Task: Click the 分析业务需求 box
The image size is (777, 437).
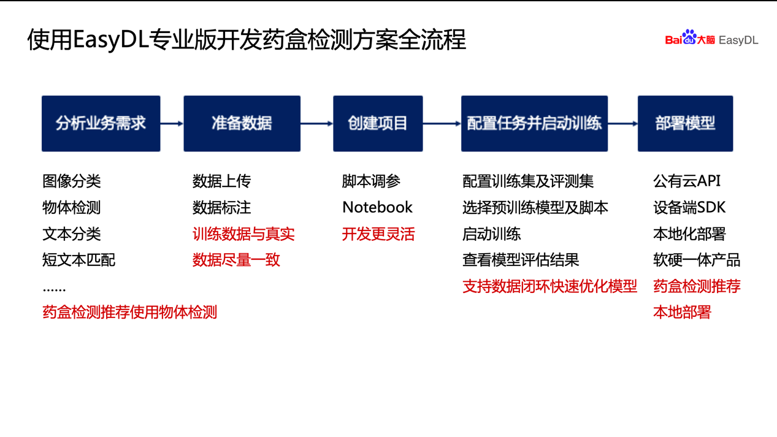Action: (101, 123)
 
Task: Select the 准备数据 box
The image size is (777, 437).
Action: (242, 123)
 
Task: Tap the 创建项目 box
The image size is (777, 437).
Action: (378, 123)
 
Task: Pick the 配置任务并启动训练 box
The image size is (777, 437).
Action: (534, 123)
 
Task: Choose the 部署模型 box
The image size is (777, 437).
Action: (685, 123)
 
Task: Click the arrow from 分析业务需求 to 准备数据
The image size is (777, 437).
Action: (172, 123)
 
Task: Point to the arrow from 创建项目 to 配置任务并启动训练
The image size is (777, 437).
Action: (442, 123)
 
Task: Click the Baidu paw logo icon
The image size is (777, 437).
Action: (689, 37)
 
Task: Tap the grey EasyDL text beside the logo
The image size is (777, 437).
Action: (738, 40)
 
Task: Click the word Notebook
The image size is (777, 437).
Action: (377, 207)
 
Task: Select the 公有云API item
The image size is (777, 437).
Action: (686, 181)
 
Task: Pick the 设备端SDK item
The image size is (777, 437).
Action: (689, 207)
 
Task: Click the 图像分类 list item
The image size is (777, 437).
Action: (72, 181)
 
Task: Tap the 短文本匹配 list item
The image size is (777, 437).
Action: (78, 260)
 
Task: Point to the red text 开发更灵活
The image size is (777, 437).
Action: (378, 234)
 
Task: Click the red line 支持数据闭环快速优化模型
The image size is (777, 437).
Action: (550, 286)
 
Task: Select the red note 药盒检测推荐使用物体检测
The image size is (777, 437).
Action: (130, 312)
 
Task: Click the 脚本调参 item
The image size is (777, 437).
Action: (371, 181)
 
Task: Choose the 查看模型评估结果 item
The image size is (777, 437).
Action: (521, 260)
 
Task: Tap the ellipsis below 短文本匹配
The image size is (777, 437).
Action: (54, 289)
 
